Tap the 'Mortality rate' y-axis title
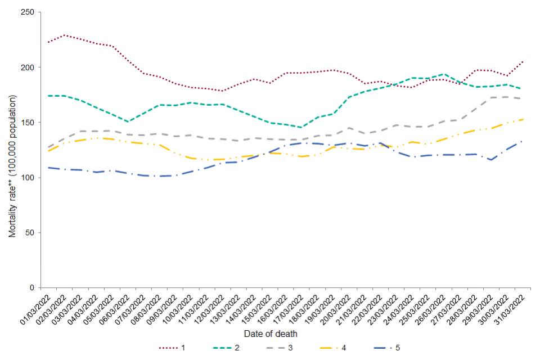click(x=12, y=166)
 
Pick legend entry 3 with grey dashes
click(x=282, y=348)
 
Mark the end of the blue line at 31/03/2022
click(x=523, y=141)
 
